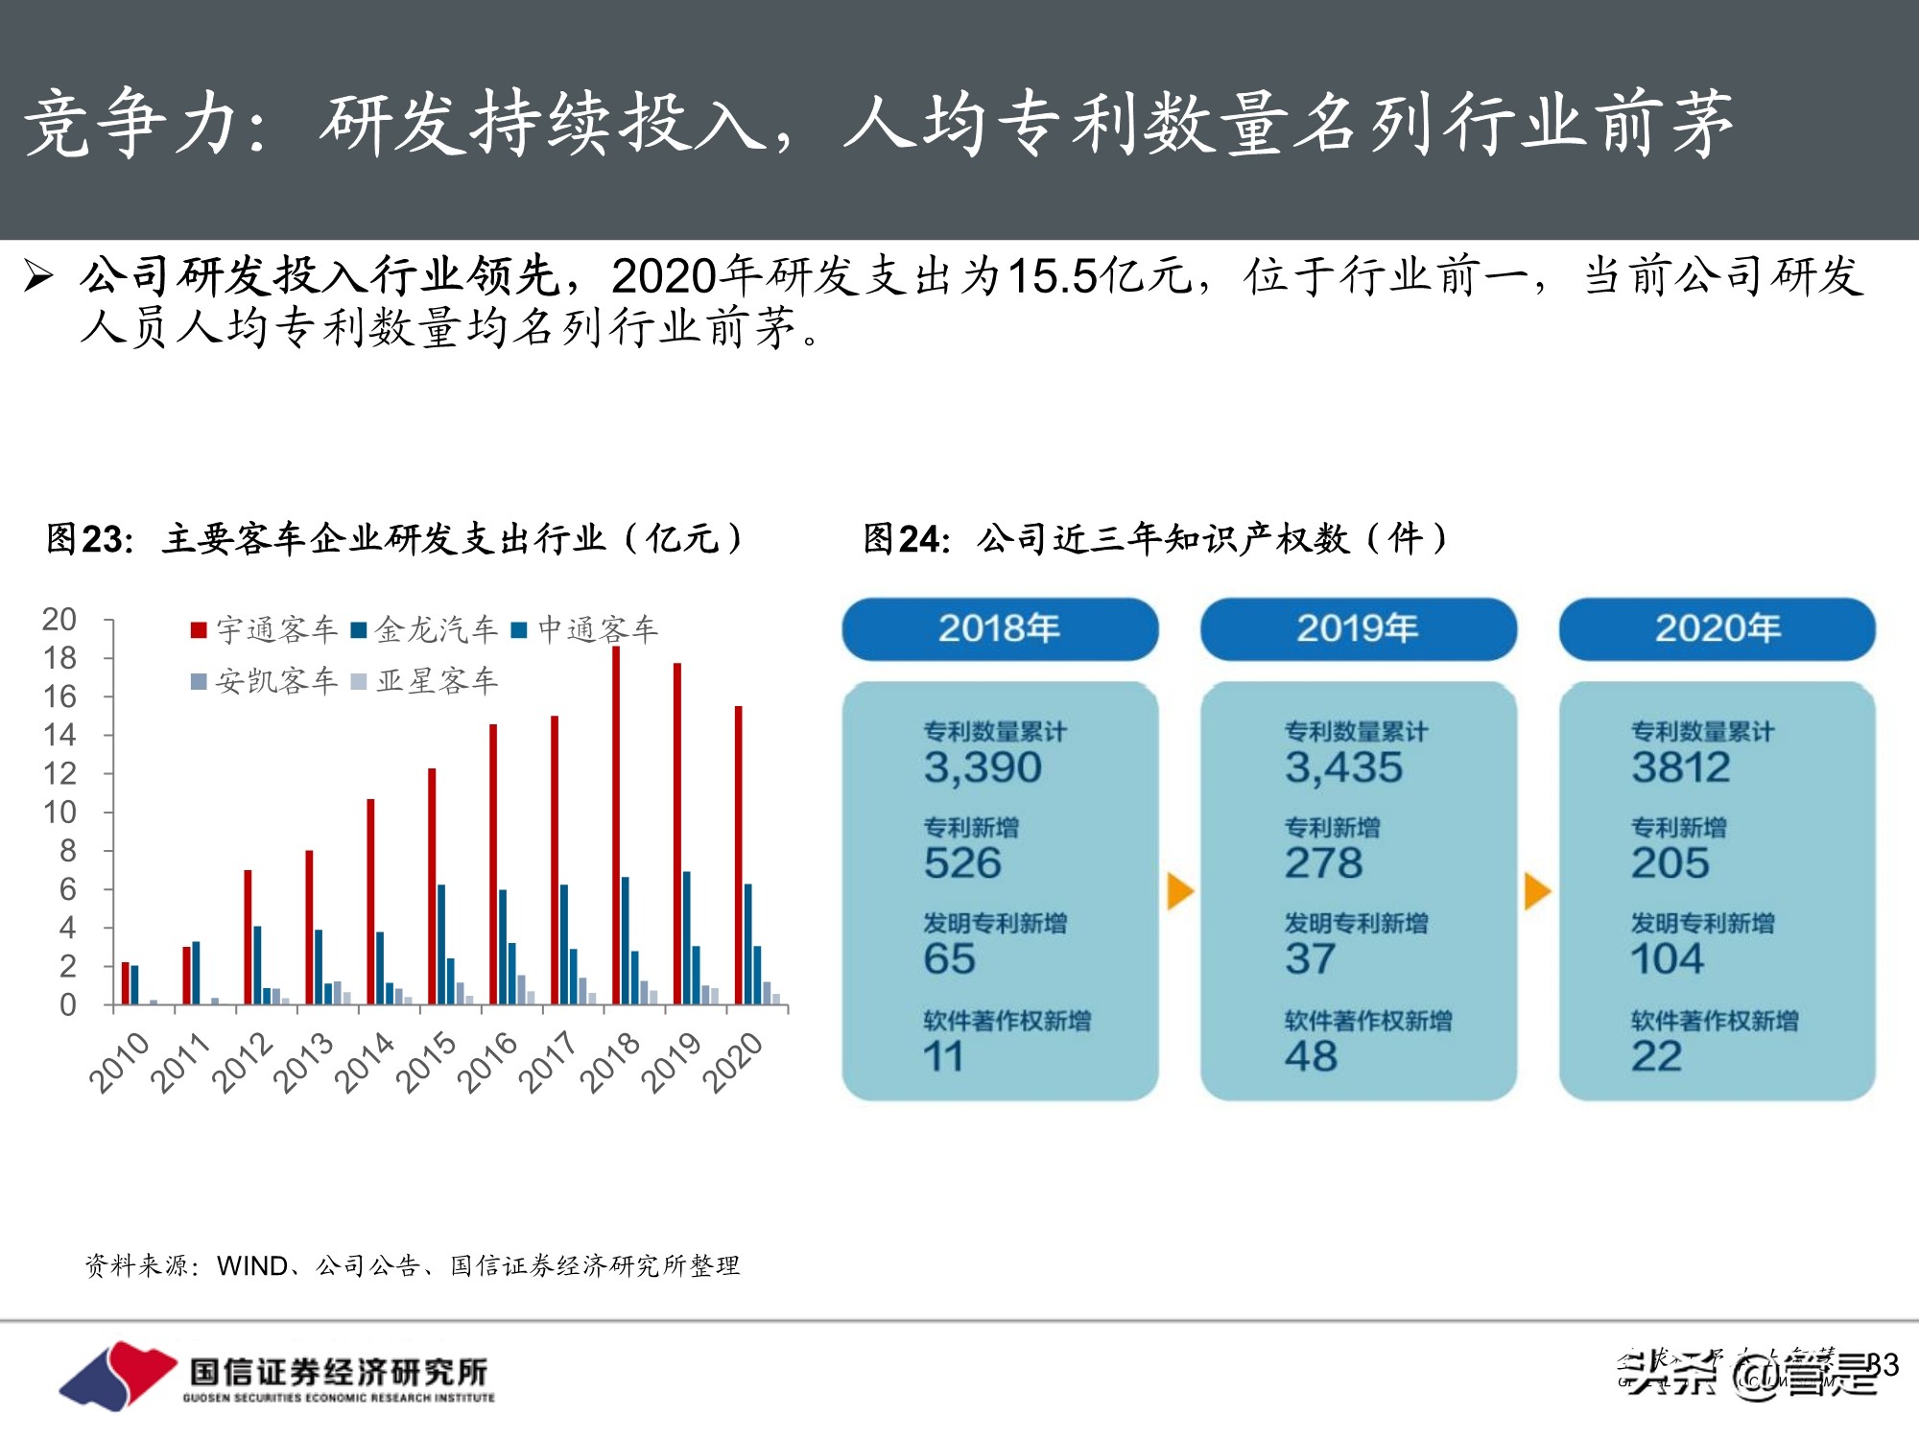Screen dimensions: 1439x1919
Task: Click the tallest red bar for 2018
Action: click(x=616, y=825)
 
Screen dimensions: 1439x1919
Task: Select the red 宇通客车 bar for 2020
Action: click(x=738, y=854)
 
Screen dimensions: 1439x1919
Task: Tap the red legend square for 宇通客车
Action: click(x=199, y=630)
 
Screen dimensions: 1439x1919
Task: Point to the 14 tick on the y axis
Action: click(x=59, y=735)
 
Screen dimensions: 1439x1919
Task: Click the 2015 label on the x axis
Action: click(x=426, y=1062)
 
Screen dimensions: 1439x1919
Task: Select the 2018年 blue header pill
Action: click(x=1000, y=629)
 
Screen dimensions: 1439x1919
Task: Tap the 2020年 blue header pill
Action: click(x=1717, y=629)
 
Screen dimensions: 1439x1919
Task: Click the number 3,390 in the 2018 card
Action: click(x=983, y=767)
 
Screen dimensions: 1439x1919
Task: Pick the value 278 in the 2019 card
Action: click(x=1323, y=863)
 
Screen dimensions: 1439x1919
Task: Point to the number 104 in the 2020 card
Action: click(x=1668, y=959)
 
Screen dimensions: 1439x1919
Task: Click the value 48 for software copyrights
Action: click(x=1311, y=1056)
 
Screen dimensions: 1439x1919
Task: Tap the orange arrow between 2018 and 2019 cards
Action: click(x=1180, y=891)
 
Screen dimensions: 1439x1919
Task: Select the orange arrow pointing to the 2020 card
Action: click(x=1537, y=891)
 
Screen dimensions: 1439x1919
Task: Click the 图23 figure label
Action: click(x=89, y=539)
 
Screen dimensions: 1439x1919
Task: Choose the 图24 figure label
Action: click(x=906, y=539)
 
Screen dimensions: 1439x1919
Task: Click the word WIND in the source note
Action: click(x=251, y=1266)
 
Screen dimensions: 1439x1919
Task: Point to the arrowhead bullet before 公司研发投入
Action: click(x=38, y=277)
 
